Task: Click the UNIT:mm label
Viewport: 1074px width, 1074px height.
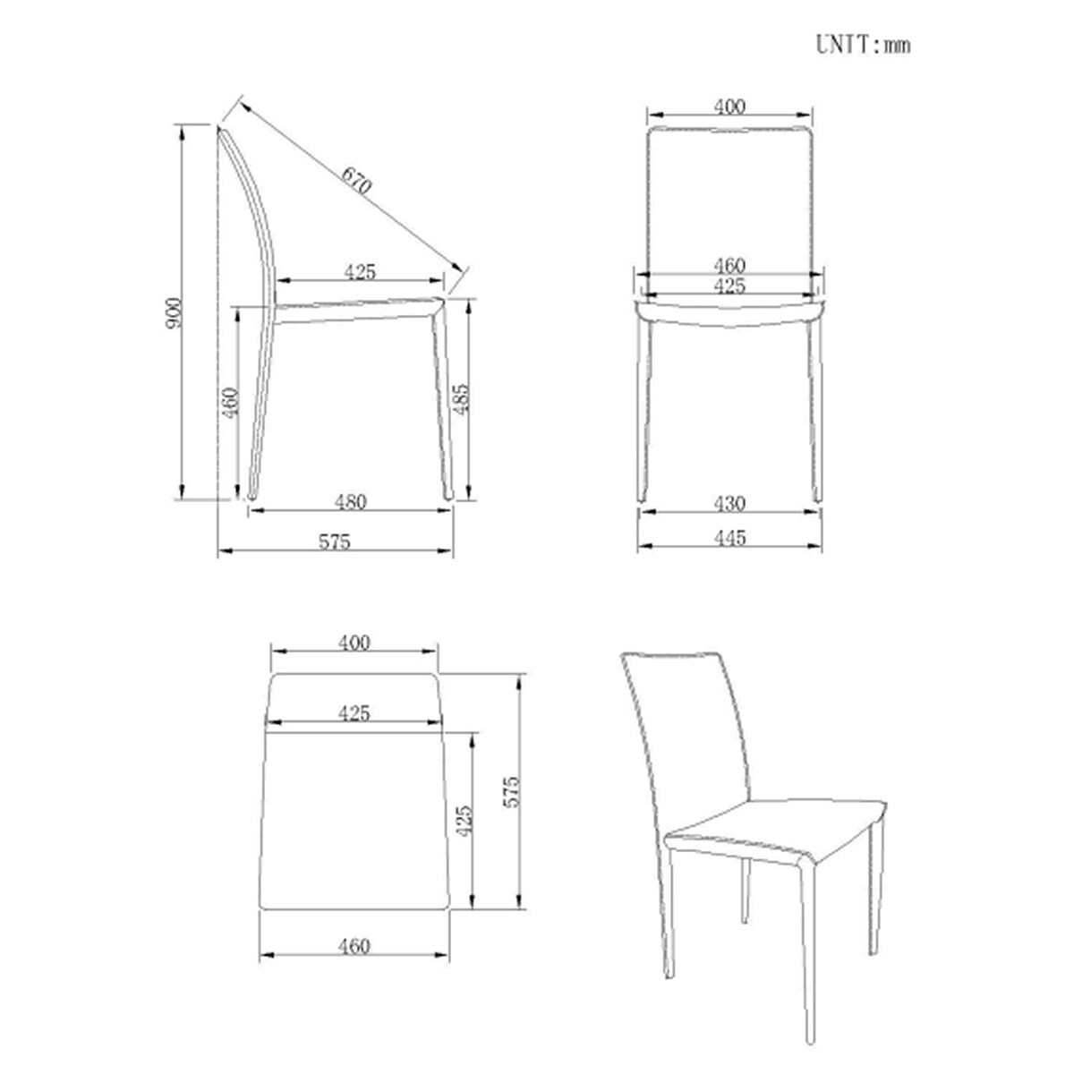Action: [x=863, y=45]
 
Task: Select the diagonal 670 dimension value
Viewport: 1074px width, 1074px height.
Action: [x=356, y=181]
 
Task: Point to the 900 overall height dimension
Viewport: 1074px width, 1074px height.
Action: [x=174, y=312]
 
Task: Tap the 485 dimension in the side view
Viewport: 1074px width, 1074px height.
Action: [x=462, y=399]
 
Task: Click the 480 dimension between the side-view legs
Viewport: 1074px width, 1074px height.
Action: [x=351, y=501]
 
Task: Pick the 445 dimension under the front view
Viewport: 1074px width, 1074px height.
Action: [x=729, y=538]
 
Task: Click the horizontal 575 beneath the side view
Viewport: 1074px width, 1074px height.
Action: [x=335, y=541]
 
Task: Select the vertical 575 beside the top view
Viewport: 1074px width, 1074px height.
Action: [x=511, y=791]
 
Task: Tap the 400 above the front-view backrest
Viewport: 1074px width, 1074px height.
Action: [x=729, y=107]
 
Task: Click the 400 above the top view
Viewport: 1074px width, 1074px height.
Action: [x=354, y=644]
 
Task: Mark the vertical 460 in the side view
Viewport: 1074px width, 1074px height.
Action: [x=230, y=401]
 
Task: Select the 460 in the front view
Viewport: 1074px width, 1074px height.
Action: [x=729, y=265]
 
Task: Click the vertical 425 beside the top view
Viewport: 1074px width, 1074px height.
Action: [x=464, y=821]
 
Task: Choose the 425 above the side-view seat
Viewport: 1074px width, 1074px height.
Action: [x=360, y=272]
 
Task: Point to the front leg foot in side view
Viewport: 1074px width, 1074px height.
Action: [x=448, y=495]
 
